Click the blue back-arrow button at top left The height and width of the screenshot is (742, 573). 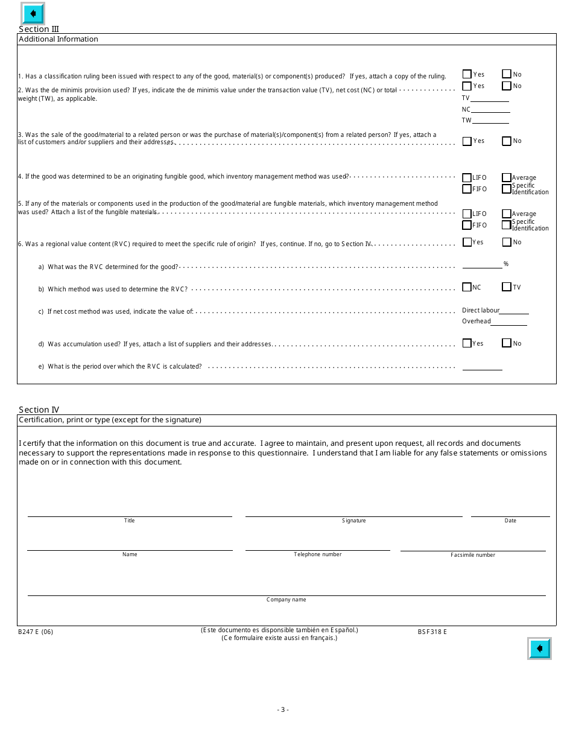point(33,13)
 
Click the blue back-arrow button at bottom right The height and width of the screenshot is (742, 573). point(539,648)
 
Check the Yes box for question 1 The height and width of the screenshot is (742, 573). point(467,74)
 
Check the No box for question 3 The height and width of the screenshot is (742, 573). point(507,141)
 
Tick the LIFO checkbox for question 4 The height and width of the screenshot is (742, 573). point(467,178)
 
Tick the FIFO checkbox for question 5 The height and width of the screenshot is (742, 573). point(467,225)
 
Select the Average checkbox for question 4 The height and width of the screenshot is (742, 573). point(507,177)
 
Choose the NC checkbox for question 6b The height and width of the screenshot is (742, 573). point(467,287)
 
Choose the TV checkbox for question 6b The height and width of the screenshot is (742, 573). point(507,287)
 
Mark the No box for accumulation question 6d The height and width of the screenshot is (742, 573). point(507,343)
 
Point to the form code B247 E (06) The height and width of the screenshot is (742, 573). point(36,632)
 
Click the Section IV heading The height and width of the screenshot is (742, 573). point(39,410)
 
